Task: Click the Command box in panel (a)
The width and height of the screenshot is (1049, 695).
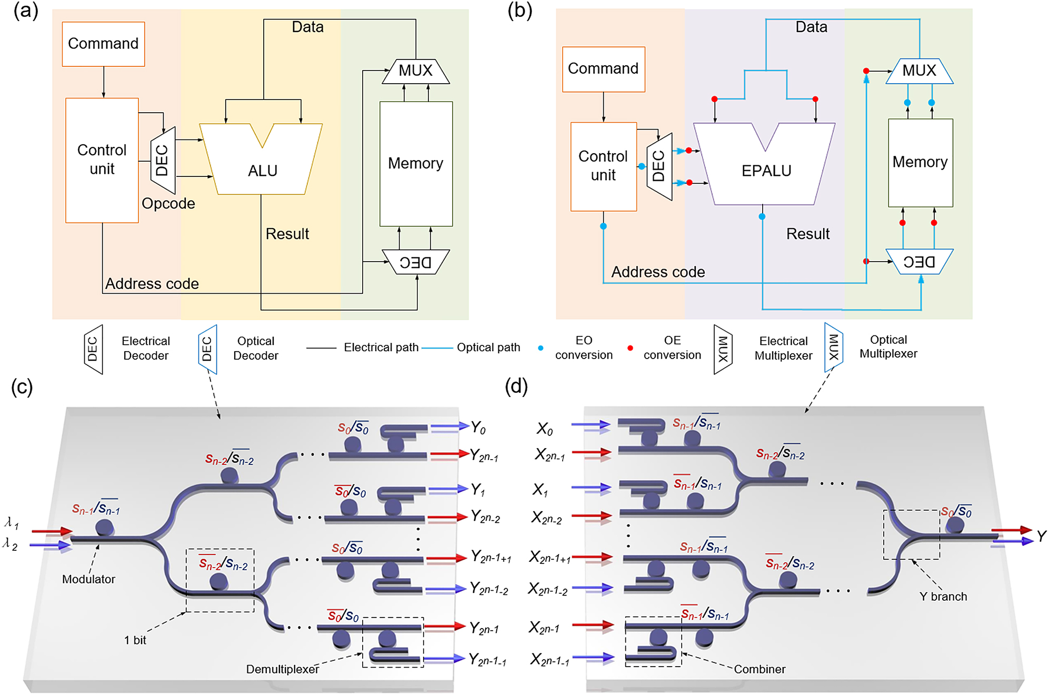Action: tap(103, 44)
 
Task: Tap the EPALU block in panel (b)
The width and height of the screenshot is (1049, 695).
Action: tap(766, 171)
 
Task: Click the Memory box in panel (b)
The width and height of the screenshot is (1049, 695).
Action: tap(920, 162)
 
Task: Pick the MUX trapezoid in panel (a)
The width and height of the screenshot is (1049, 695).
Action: tap(415, 71)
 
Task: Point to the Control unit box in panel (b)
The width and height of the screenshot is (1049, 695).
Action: tap(603, 166)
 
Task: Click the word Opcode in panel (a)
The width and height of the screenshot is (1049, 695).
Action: tap(168, 204)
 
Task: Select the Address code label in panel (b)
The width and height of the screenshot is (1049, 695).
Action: tap(658, 272)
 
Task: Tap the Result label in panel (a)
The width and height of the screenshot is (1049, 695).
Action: tap(287, 234)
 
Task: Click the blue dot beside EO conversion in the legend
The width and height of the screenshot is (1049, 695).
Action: tap(541, 348)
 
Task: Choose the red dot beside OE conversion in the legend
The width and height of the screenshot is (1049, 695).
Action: tap(630, 348)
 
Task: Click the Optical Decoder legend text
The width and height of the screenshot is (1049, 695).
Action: tap(256, 349)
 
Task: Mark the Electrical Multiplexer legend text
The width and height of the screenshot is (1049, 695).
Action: tap(783, 349)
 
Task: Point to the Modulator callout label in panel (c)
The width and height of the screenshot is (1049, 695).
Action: tap(88, 579)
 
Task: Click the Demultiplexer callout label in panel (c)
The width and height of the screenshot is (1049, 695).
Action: tap(283, 669)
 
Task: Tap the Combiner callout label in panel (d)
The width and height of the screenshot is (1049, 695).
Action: tap(760, 669)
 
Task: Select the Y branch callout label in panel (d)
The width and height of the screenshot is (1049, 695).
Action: tap(943, 597)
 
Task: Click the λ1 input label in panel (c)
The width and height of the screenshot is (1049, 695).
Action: tap(12, 523)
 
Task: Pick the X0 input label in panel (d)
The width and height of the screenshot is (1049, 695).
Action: tap(545, 429)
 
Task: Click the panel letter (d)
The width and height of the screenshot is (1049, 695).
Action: tap(516, 387)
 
